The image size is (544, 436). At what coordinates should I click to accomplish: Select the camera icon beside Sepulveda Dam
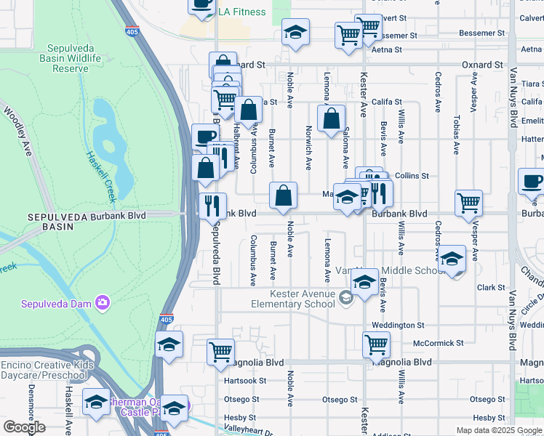point(103,302)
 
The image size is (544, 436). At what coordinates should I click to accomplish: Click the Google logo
point(24,427)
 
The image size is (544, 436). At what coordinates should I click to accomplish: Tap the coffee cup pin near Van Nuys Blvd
point(531,182)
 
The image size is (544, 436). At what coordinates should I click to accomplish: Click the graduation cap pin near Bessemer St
point(295,32)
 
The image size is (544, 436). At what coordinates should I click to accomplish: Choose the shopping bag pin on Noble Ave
point(283,195)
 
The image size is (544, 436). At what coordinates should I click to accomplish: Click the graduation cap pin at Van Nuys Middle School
point(452,259)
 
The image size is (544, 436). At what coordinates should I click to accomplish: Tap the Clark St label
point(491,288)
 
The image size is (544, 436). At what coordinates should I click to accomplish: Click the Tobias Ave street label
point(456,134)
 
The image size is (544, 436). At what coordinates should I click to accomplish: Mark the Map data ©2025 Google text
point(498,430)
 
